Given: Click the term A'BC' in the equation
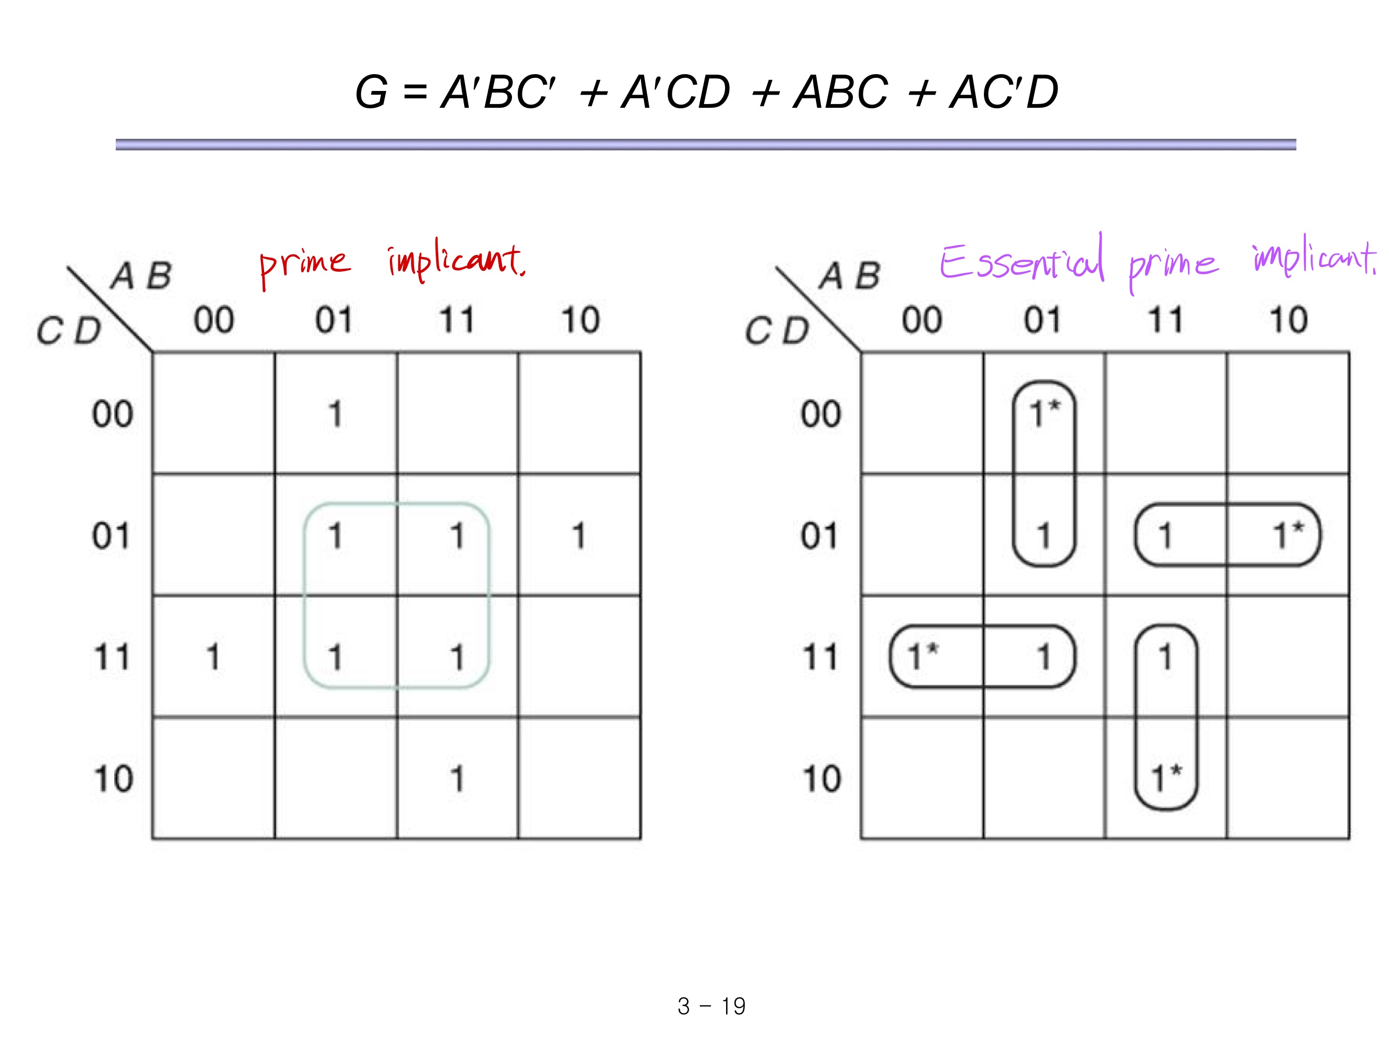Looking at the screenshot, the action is [x=498, y=92].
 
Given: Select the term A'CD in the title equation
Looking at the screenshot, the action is [x=675, y=92].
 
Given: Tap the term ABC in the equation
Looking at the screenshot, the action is [x=841, y=92].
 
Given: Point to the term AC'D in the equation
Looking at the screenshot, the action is [x=1003, y=92].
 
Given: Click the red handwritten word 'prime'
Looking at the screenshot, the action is [x=305, y=263].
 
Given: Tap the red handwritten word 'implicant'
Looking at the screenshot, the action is [x=455, y=260].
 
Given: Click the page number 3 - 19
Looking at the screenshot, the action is [x=711, y=1006].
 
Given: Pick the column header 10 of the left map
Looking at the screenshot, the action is [x=580, y=320].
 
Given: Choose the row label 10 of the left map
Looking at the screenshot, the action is [x=113, y=779].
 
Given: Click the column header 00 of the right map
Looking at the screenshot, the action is [x=922, y=320].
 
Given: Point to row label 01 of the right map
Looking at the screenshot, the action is [x=820, y=536].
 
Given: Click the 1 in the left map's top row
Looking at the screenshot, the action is [x=335, y=414].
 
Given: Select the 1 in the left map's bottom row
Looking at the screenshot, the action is [x=457, y=779].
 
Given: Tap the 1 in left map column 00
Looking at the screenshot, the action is [x=214, y=657].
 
